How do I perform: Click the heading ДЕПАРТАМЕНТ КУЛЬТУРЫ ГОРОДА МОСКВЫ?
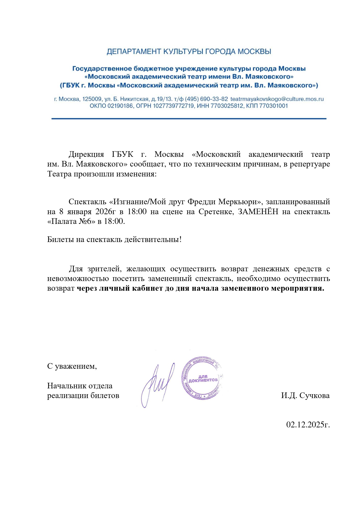pos(189,52)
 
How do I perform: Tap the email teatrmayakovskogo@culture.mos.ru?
pos(277,99)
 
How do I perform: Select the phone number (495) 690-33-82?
pos(206,99)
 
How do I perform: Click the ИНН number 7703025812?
pos(227,106)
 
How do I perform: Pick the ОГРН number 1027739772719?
pos(173,106)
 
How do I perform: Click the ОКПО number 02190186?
pos(120,106)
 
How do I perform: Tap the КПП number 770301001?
pos(273,106)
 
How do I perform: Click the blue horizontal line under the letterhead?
pos(189,119)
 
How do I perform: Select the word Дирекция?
pos(86,155)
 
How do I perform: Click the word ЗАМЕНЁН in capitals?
pos(258,212)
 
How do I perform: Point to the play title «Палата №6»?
pos(71,221)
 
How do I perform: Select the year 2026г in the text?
pos(105,212)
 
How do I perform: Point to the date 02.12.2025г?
pos(308,425)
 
